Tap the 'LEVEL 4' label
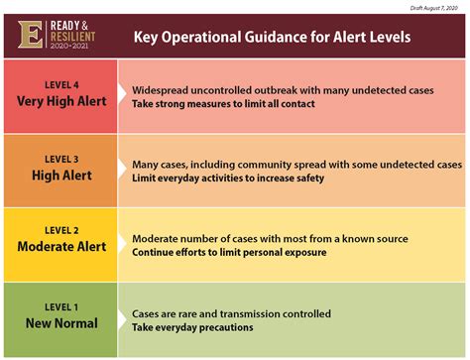(x=61, y=84)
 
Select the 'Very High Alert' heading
(x=61, y=100)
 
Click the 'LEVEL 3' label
(x=61, y=158)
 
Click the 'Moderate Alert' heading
(x=61, y=248)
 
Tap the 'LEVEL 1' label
(x=61, y=306)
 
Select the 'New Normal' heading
(x=61, y=322)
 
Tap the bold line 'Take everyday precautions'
(x=192, y=327)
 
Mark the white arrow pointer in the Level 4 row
(x=124, y=96)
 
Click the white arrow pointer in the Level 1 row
(x=124, y=319)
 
